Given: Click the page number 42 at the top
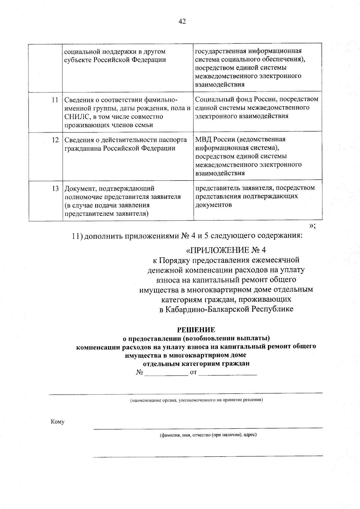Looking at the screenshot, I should point(182,21).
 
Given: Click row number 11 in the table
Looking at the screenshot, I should point(55,100).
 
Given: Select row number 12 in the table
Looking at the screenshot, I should point(55,140).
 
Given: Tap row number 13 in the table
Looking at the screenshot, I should point(55,189).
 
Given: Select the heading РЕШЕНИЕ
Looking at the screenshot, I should point(196,330).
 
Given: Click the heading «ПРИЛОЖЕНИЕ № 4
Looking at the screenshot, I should point(226,250).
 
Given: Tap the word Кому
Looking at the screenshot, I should point(58,422).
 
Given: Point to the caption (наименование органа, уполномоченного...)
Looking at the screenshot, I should point(196,400).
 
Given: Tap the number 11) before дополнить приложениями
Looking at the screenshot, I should point(77,236).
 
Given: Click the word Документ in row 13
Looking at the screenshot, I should point(79,189).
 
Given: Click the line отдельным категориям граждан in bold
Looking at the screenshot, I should point(196,364).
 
